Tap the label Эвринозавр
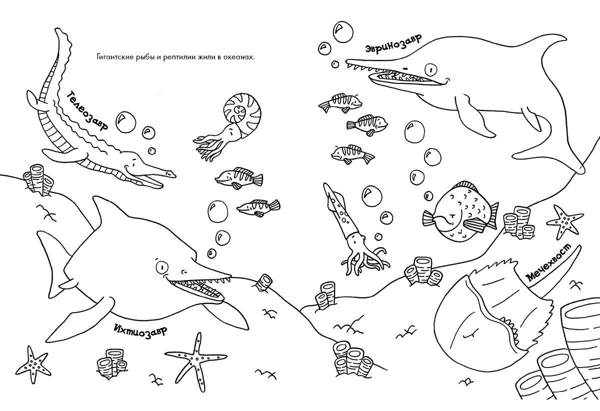393,44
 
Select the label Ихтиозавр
140,329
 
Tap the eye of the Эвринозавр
431,70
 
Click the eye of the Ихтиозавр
162,266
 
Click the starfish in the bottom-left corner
32,364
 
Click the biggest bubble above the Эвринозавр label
343,31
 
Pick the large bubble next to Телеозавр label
125,122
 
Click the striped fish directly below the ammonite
239,178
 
